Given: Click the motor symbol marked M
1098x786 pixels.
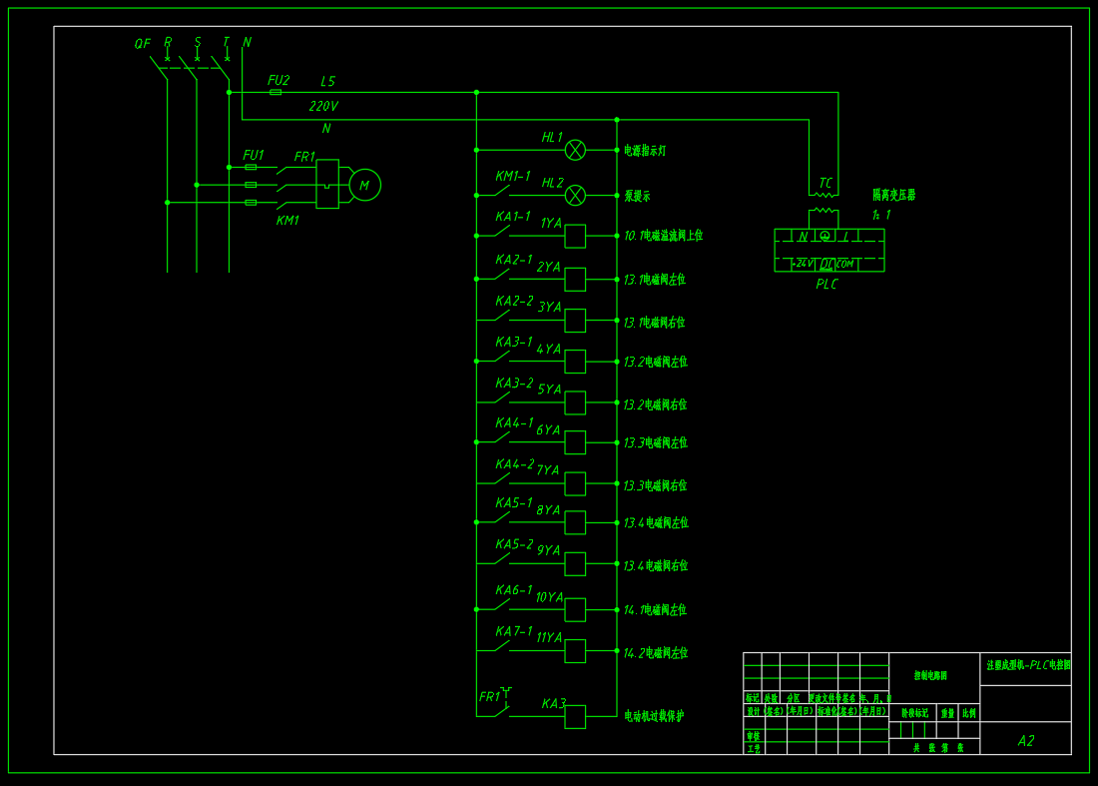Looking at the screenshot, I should pos(364,185).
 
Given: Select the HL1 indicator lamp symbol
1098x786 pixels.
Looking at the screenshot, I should pos(575,150).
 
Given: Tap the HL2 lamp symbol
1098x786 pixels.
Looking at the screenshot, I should pos(575,195).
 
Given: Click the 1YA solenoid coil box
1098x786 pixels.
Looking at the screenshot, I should pos(575,236).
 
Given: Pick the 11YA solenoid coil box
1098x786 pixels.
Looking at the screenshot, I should pos(575,651).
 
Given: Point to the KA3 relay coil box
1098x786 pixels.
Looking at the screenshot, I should pos(575,716).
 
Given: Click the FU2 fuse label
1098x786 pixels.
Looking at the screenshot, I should pos(278,80).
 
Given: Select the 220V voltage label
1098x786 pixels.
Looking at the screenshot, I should pos(323,106).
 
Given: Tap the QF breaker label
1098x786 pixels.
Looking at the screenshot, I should pos(143,44).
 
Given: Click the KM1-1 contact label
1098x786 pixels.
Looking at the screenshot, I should pos(513,176).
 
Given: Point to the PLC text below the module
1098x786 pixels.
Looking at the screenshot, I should pos(826,285).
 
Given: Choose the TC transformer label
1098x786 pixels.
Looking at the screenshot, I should pos(825,183).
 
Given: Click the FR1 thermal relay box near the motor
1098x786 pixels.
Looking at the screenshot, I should pos(327,184).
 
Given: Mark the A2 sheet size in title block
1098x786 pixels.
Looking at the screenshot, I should pos(1025,741).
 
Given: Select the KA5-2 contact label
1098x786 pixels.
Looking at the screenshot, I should pos(514,544).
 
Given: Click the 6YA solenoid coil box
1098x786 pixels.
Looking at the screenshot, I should pos(575,442).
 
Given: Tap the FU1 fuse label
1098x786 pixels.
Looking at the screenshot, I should pos(254,156).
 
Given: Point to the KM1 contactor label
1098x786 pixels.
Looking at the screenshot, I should pos(287,220).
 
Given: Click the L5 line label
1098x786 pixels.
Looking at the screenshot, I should pos(328,81).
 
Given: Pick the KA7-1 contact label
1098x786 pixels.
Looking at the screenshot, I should pos(514,631).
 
